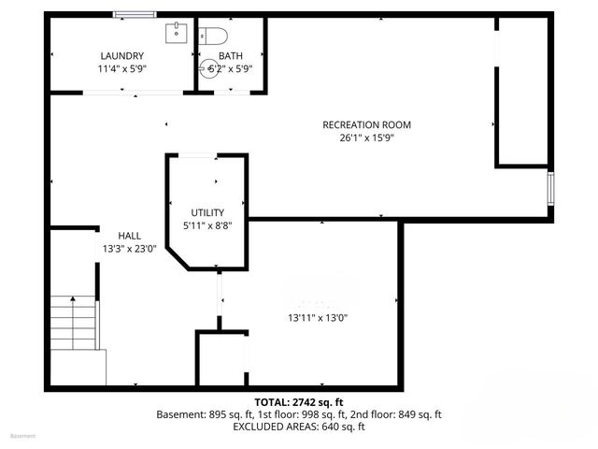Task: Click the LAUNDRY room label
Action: (121, 55)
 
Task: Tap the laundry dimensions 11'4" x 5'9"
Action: (121, 68)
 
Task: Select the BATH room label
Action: (230, 55)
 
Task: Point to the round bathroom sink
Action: (208, 68)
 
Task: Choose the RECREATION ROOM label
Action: (366, 125)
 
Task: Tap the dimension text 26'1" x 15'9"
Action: (366, 138)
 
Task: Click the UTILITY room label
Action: (207, 212)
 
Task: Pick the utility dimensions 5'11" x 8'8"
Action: (207, 225)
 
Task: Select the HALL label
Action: (130, 236)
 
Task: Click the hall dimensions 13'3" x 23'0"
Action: (130, 249)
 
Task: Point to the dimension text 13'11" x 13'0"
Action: (318, 317)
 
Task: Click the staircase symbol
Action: (73, 323)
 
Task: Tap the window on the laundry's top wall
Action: (134, 14)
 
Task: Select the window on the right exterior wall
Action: (551, 188)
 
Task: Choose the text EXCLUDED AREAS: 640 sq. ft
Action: (299, 427)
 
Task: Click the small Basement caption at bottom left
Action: (22, 436)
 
